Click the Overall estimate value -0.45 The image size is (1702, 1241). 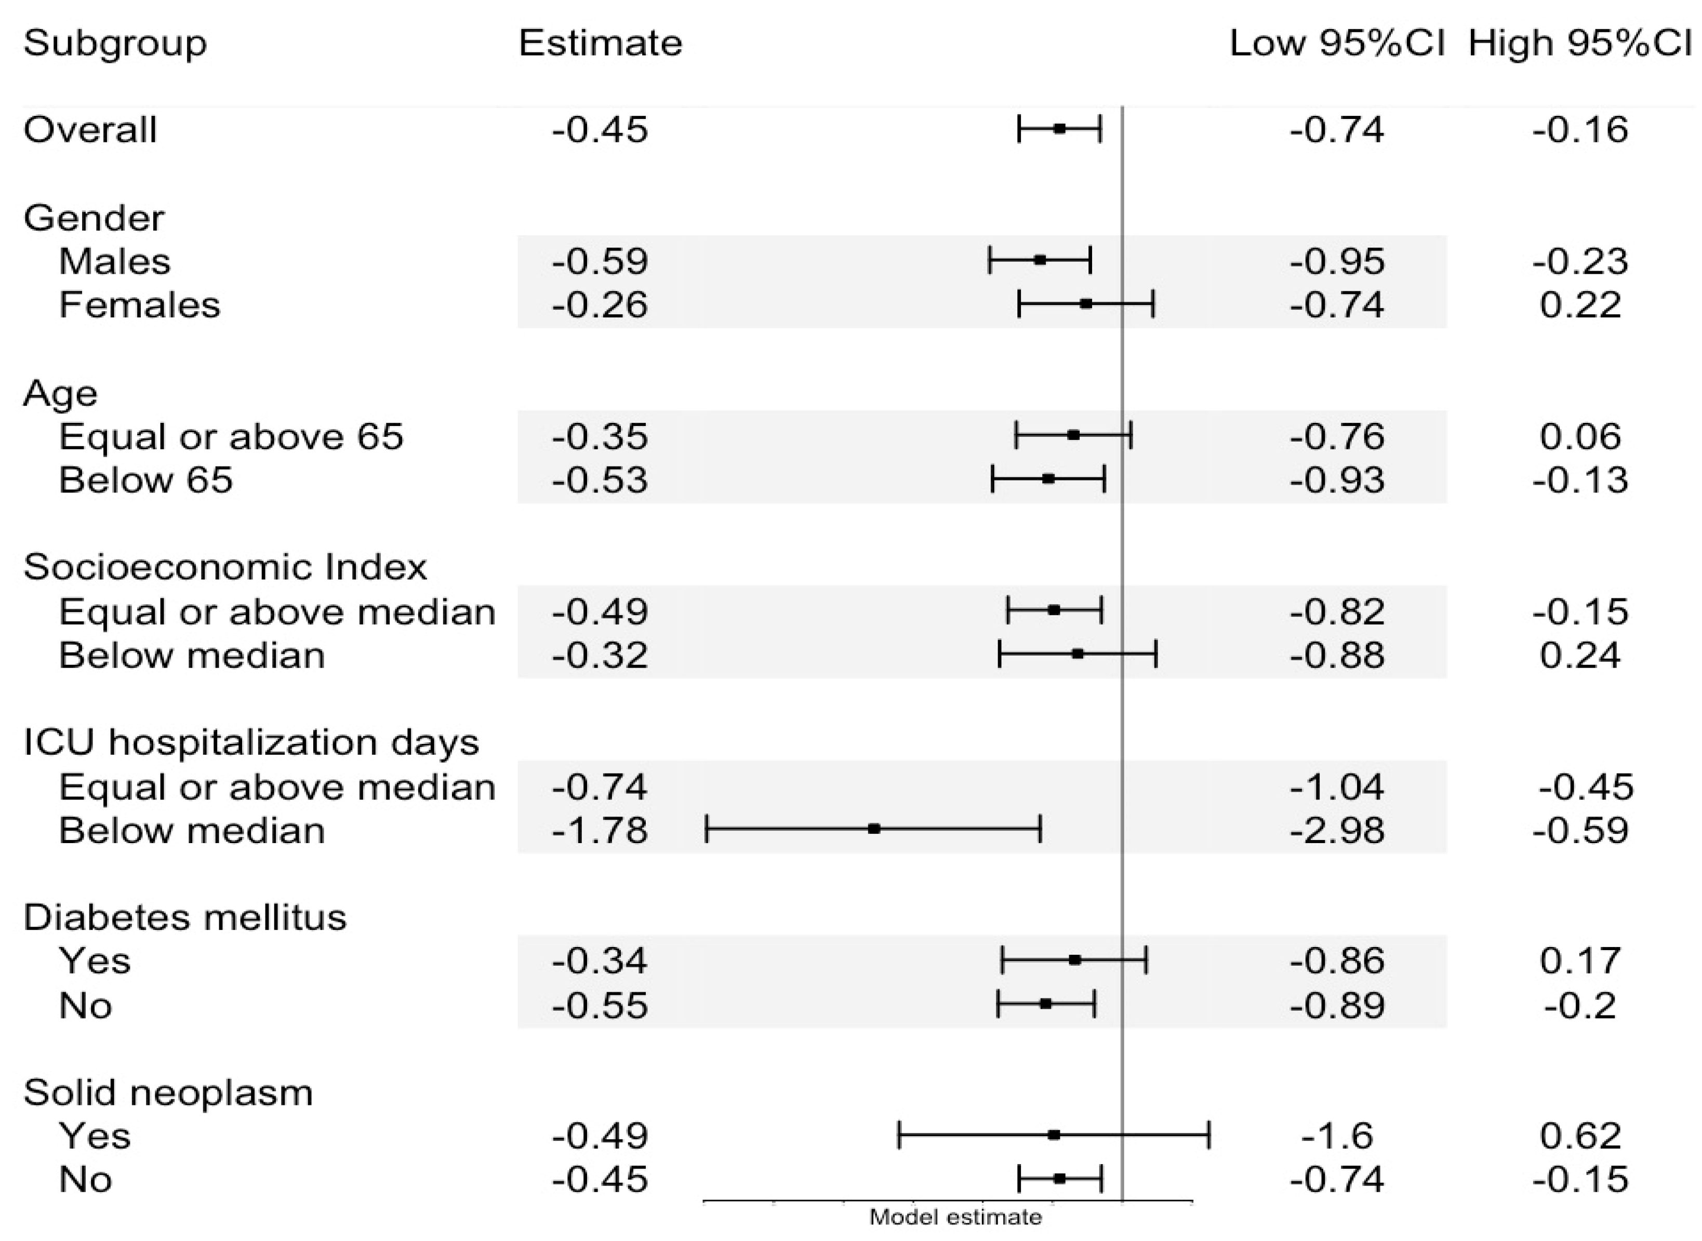[600, 130]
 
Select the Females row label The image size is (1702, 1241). [140, 305]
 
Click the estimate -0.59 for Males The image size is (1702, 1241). [600, 261]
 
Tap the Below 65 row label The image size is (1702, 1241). [145, 480]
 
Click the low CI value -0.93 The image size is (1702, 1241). [1337, 480]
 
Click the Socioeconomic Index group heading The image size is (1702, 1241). [224, 567]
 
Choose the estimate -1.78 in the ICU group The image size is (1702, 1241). [600, 831]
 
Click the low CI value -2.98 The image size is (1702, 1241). [1337, 831]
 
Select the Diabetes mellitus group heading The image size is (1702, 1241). [185, 917]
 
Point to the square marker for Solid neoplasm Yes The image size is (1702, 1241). [1054, 1135]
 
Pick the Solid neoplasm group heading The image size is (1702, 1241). [167, 1093]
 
